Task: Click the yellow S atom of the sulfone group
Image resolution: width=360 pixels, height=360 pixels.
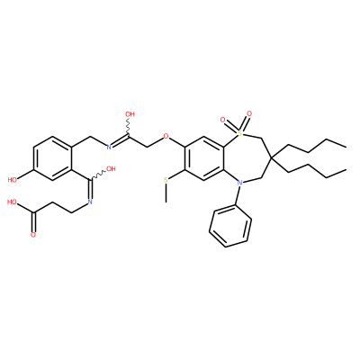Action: [239, 131]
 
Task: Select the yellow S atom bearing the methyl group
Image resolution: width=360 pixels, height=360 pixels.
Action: [166, 180]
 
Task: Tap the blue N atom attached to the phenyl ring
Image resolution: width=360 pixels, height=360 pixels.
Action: [239, 183]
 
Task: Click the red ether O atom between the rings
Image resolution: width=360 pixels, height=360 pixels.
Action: [166, 137]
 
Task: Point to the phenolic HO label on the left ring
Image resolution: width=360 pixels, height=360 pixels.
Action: [13, 180]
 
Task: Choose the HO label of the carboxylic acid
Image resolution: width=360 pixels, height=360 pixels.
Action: [13, 202]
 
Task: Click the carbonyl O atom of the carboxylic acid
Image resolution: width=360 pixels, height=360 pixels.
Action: [33, 235]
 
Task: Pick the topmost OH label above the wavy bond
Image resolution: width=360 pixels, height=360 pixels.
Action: [130, 114]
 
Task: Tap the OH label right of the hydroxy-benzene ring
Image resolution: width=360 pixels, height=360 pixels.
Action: [111, 169]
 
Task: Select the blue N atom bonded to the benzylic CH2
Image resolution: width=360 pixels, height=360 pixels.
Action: [109, 147]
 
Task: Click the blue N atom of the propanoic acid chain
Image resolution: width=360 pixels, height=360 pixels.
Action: [90, 202]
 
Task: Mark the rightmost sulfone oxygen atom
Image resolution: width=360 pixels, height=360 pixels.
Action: [248, 114]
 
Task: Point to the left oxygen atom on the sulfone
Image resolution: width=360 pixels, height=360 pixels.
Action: [222, 121]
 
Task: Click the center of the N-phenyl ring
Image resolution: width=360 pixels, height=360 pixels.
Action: [230, 227]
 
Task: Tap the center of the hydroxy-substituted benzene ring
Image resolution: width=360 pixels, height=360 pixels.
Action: [52, 158]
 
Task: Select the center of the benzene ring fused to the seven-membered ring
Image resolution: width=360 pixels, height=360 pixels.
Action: [204, 158]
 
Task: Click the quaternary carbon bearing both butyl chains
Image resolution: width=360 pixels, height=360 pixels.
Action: [270, 157]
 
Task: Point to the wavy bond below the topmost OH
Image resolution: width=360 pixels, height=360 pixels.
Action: [130, 127]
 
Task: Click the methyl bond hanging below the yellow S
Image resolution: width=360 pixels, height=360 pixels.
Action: [166, 193]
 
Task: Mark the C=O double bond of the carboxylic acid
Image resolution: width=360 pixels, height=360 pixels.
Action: [33, 222]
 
